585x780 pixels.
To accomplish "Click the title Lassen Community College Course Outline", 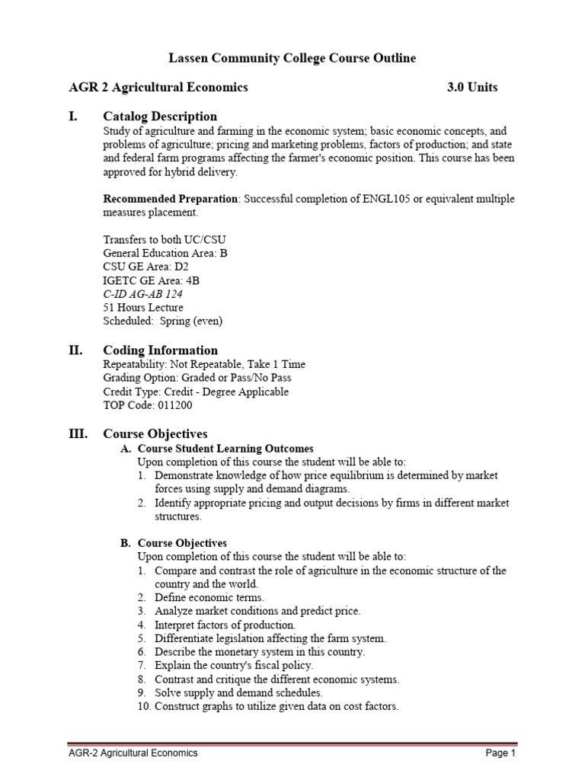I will (292, 59).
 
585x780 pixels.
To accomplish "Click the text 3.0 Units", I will (472, 87).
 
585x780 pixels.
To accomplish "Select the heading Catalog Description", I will (160, 116).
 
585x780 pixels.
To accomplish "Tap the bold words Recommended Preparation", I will (171, 199).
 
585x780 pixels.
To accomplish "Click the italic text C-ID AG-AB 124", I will (142, 294).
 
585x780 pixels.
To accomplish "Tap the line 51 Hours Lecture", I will (143, 308).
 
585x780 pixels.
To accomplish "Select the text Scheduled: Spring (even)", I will (163, 321).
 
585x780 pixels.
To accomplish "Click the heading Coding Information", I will (160, 350).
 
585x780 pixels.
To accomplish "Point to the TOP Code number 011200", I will (176, 405).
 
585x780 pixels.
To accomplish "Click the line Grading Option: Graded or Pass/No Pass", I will (197, 378).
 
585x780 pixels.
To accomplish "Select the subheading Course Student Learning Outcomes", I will (225, 448).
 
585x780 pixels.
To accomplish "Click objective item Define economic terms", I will (209, 598).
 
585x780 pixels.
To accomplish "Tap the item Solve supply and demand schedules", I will (238, 692).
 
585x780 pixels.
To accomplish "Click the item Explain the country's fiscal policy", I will (233, 665).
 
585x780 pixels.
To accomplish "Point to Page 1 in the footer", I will (500, 753).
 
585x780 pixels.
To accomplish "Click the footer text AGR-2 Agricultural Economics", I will (133, 753).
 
